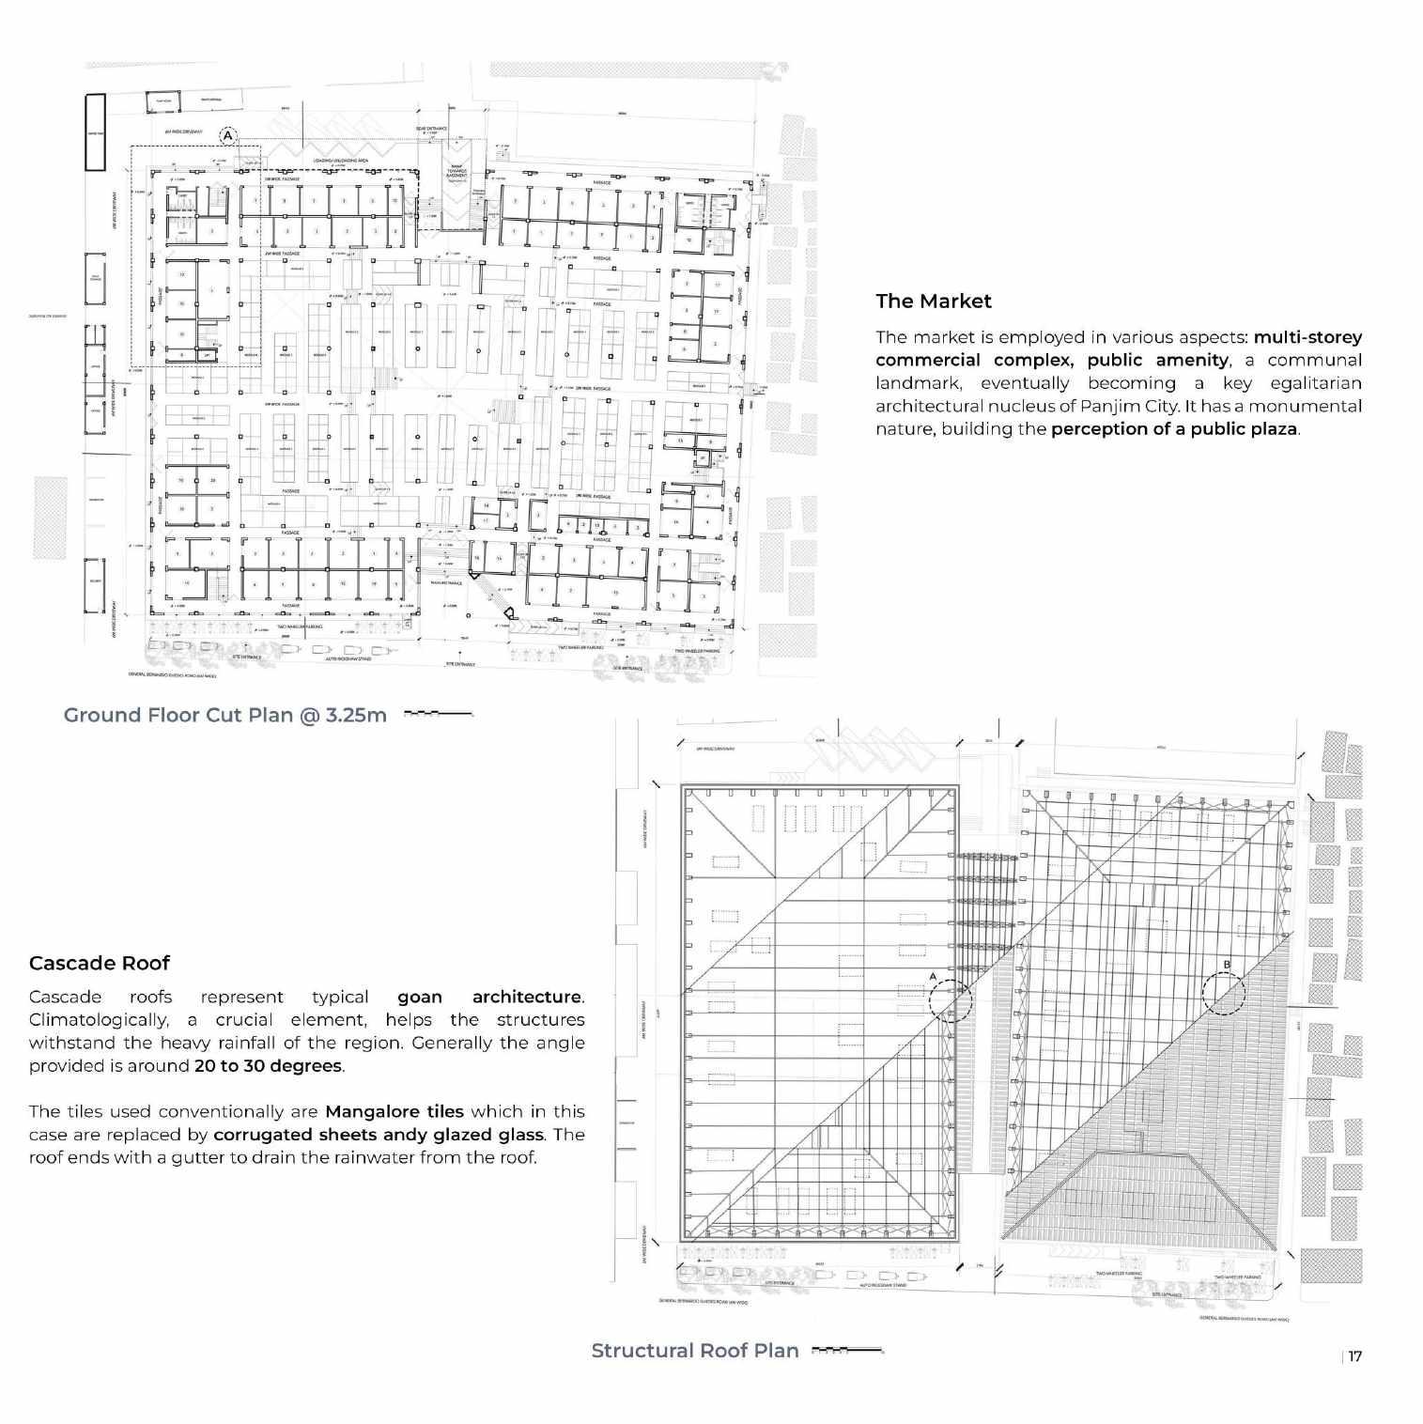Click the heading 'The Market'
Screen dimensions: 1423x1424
click(933, 302)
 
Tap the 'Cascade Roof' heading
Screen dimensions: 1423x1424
click(100, 963)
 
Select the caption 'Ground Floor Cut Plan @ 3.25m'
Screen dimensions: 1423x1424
click(224, 715)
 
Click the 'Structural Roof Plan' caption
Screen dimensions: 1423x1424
click(694, 1351)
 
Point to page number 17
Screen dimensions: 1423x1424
click(1354, 1356)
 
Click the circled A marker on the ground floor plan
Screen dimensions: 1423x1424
click(228, 137)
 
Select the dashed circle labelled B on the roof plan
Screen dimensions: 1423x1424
click(1223, 993)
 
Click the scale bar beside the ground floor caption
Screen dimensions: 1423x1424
click(438, 715)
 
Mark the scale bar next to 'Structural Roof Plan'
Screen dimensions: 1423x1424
click(846, 1351)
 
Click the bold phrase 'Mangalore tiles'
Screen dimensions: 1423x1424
click(394, 1112)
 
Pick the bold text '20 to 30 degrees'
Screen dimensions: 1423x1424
click(268, 1066)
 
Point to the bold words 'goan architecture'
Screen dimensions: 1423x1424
click(489, 997)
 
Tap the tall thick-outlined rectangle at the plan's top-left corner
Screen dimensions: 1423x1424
click(94, 132)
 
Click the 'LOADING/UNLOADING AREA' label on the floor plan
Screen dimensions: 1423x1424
click(340, 161)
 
